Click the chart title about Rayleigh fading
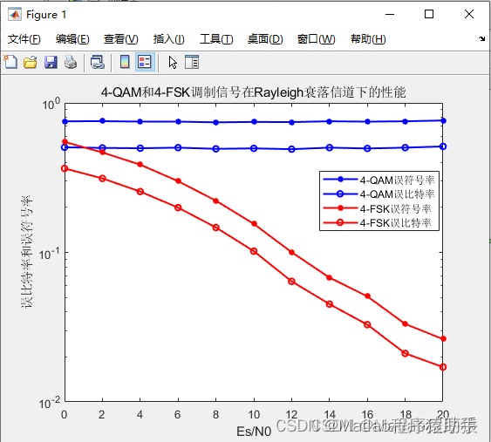pos(253,92)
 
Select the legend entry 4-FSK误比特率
pos(397,223)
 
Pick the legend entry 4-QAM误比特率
pos(397,194)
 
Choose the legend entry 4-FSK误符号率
pos(397,209)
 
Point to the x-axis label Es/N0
pos(254,431)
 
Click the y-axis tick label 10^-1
pos(51,253)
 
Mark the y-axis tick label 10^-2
pos(51,402)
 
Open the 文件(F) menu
pos(24,39)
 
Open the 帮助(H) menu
pos(366,39)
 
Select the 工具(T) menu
pos(216,39)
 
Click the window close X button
pos(469,14)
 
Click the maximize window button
pos(429,14)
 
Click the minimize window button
pos(389,14)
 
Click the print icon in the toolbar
pos(70,62)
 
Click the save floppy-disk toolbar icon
pos(51,62)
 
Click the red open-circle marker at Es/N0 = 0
pos(65,168)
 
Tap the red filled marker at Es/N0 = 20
pos(443,338)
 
